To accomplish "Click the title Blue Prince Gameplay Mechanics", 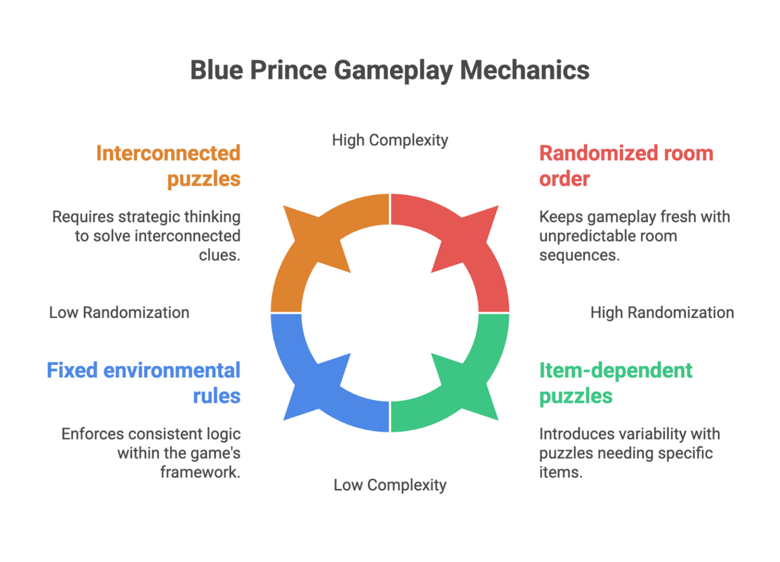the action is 389,71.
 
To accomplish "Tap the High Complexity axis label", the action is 390,140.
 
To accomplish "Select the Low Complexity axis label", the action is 390,485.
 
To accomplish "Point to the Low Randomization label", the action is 119,312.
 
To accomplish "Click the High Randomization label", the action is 662,312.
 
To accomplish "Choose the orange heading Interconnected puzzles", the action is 169,166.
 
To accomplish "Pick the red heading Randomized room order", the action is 626,166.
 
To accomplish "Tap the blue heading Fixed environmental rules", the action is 144,383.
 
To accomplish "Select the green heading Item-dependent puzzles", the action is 615,383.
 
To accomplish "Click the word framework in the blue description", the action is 200,472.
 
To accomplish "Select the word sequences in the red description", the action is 579,255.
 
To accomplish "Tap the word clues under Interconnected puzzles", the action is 220,255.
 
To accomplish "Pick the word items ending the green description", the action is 561,472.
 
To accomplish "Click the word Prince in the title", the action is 288,71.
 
